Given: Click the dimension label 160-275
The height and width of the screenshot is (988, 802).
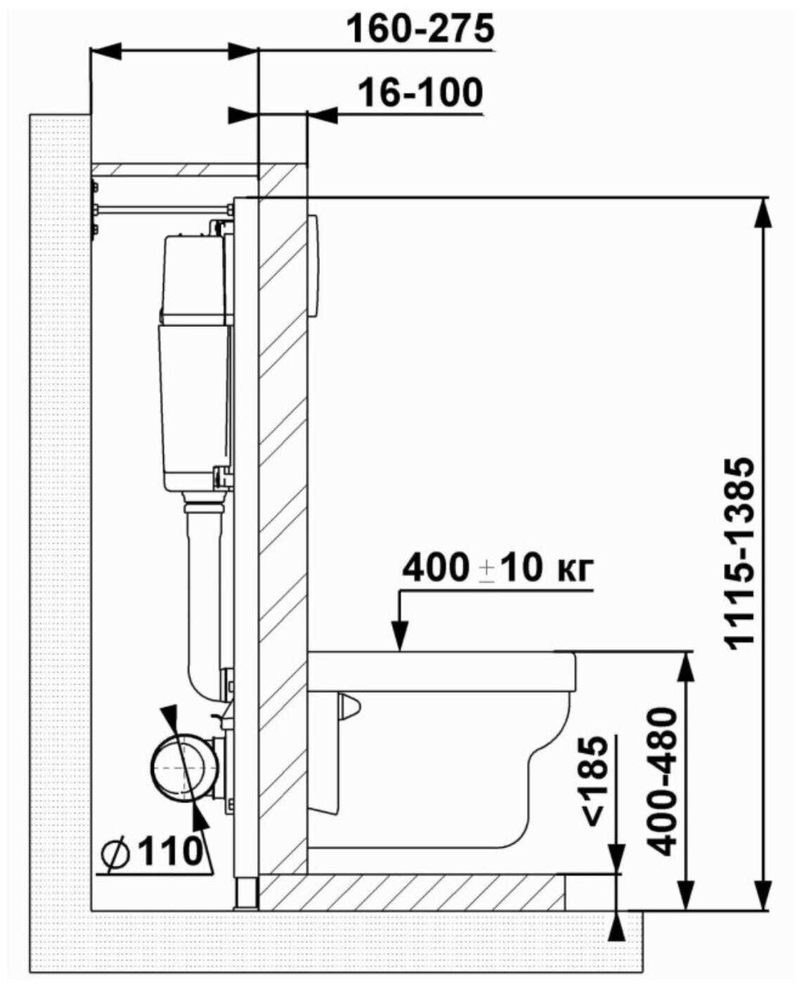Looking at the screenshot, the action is coord(421,29).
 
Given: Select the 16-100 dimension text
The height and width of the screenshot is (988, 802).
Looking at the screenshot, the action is coord(420,92).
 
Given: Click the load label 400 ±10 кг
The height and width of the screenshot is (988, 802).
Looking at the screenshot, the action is coord(498,568).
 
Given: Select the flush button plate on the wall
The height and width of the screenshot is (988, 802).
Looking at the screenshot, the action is coord(314,266).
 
